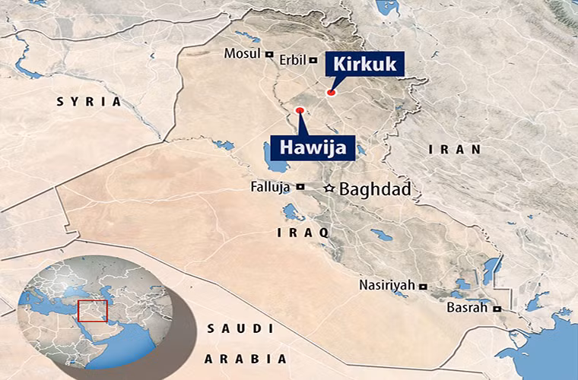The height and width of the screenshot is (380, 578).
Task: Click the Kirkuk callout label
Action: [x=364, y=64]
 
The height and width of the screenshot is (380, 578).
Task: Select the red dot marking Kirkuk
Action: [x=331, y=93]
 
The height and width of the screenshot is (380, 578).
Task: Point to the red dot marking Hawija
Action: [x=300, y=111]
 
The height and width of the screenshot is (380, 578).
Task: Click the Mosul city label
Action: [x=243, y=53]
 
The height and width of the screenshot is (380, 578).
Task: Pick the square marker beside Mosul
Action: [x=268, y=53]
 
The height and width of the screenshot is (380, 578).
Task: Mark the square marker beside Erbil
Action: [x=313, y=59]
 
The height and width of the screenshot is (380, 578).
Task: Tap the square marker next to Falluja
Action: [x=300, y=186]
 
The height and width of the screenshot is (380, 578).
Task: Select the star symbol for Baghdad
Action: [x=329, y=188]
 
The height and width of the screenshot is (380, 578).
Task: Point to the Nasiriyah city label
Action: [x=388, y=285]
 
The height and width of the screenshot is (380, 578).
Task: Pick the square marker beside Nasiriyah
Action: [x=423, y=286]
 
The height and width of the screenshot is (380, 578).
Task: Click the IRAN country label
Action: [x=455, y=150]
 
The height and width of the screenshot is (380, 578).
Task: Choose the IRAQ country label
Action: [x=303, y=232]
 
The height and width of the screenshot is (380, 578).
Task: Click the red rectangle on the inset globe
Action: [x=92, y=310]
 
